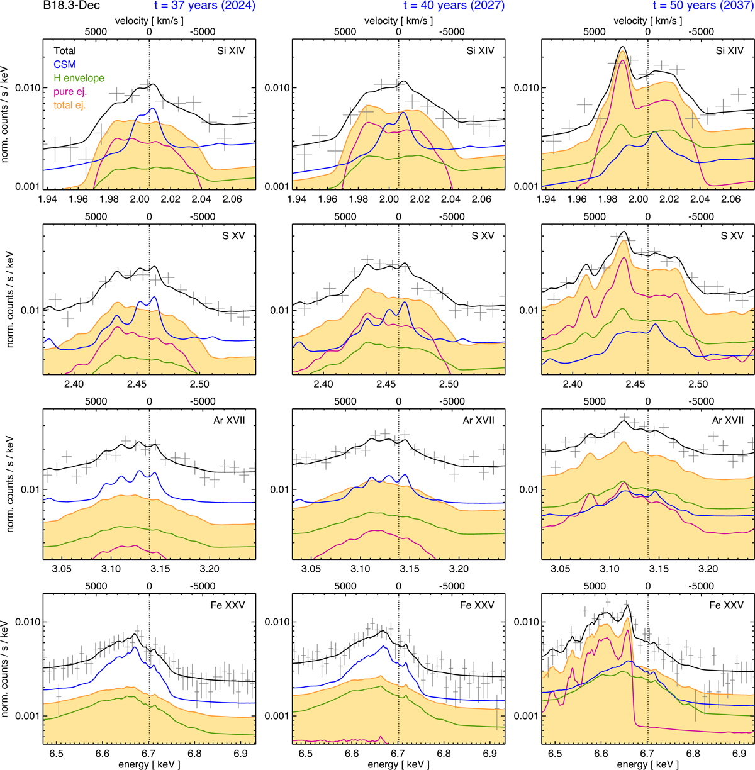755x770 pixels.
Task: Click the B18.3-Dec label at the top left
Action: [74, 8]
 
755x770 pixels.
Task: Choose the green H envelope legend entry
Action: [79, 78]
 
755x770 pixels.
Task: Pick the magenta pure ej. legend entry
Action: [70, 92]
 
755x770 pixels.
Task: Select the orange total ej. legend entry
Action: [70, 105]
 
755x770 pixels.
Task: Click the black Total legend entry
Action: [65, 51]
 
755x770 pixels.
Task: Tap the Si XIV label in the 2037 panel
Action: [730, 51]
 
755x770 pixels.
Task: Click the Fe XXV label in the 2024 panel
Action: [229, 605]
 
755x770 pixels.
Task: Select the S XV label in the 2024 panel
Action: [234, 236]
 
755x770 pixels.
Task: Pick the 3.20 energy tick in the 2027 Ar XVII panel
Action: [459, 569]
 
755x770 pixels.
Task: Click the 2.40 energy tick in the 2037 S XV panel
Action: [573, 384]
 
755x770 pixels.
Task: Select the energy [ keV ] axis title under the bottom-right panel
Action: [648, 764]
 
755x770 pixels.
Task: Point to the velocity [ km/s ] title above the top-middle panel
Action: [399, 20]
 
